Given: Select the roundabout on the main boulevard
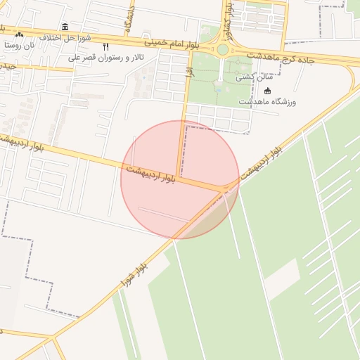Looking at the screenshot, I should pyautogui.click(x=223, y=49).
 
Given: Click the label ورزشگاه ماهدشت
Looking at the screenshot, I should pyautogui.click(x=268, y=101).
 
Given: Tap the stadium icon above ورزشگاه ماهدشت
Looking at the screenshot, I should pyautogui.click(x=267, y=91).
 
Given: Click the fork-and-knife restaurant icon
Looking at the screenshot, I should pyautogui.click(x=106, y=46).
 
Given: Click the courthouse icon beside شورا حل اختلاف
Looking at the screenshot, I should pyautogui.click(x=65, y=27).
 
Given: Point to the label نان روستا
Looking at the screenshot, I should pyautogui.click(x=19, y=44).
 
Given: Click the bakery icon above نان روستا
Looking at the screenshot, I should pyautogui.click(x=19, y=34).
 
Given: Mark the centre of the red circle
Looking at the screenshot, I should pyautogui.click(x=180, y=179).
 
